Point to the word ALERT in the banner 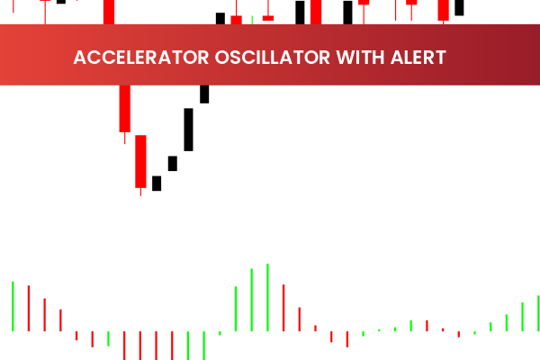coord(412,58)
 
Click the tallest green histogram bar coord(267,297)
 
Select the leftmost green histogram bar coord(13,306)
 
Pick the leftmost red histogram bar coord(29,308)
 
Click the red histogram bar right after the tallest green coord(283,308)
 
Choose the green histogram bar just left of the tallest coord(252,300)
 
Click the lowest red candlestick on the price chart coord(140,162)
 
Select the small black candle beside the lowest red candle coord(157,183)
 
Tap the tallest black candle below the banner coord(188,130)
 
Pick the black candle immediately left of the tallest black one coord(173,163)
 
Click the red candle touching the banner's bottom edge coord(124,108)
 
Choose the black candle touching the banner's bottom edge coord(204,94)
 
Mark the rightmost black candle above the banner coord(459,8)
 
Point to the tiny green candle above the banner coord(252,19)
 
